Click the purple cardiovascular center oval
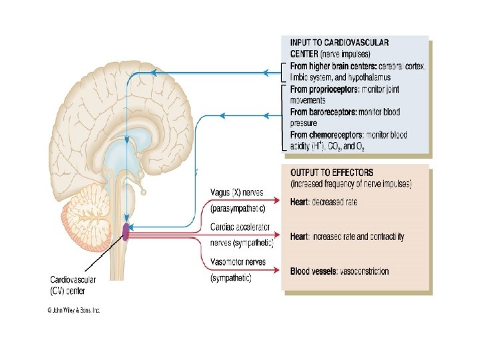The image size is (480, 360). point(125,232)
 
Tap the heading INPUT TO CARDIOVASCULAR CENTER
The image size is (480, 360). point(340,47)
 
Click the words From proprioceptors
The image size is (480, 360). point(324,89)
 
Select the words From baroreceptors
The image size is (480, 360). point(324,111)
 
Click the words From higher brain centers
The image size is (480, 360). point(333,67)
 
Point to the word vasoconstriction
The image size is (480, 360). point(364,271)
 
